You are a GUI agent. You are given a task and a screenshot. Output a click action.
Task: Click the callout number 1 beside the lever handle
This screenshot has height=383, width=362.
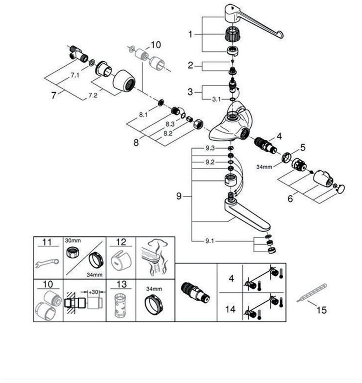tap(190, 34)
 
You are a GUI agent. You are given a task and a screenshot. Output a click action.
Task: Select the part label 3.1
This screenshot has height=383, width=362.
tap(216, 99)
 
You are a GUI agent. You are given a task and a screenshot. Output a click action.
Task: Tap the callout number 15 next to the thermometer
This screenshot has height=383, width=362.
tap(321, 310)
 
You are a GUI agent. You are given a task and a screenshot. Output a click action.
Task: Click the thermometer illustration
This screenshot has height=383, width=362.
tap(312, 292)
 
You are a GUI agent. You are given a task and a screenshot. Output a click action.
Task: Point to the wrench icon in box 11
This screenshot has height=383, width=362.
tap(47, 263)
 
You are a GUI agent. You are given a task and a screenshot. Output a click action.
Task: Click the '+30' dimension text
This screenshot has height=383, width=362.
tap(93, 292)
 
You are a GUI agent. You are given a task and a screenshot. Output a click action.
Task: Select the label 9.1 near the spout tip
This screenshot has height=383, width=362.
tap(210, 241)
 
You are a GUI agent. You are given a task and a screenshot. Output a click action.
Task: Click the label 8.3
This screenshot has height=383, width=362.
tap(170, 124)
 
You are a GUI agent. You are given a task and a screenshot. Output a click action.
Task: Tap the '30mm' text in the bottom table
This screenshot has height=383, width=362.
tap(73, 241)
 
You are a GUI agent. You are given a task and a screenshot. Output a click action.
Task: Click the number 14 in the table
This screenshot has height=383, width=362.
tap(230, 309)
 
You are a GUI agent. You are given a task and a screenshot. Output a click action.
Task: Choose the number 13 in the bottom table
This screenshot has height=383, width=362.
tap(121, 284)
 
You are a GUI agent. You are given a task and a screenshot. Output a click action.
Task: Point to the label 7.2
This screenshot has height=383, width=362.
tap(93, 95)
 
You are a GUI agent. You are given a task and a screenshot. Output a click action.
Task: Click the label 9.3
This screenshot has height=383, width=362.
tap(210, 148)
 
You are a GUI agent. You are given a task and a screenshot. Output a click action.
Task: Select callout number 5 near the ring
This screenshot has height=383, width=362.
tap(303, 147)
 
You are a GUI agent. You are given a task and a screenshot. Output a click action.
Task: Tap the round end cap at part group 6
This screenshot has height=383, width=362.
tap(341, 189)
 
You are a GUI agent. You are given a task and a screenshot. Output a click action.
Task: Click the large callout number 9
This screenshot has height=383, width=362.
tap(179, 196)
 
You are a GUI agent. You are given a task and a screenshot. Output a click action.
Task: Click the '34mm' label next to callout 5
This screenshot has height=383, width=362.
tap(264, 167)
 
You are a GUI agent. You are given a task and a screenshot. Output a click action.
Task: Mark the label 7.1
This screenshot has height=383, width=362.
tap(75, 75)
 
